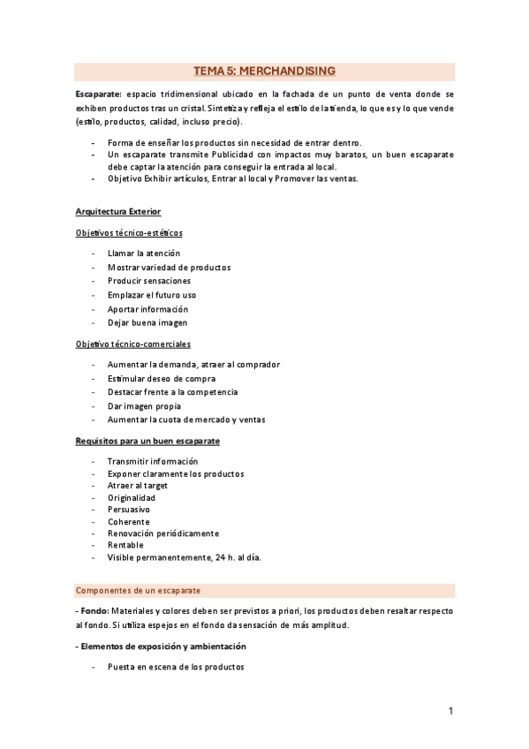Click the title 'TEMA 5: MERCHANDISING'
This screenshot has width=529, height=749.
[x=264, y=72]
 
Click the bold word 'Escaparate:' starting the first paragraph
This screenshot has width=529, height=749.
[x=99, y=93]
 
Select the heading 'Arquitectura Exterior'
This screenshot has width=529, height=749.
[x=117, y=212]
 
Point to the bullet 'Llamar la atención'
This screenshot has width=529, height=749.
[x=144, y=253]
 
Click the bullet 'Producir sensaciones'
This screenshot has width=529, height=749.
[x=148, y=281]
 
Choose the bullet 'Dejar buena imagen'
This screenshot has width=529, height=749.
[x=147, y=322]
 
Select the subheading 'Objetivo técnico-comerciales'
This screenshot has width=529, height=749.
[x=132, y=344]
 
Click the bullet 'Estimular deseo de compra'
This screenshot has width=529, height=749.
[x=161, y=378]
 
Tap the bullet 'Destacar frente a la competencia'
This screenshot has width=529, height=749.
[x=172, y=391]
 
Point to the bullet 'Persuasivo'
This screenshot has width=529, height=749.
[x=129, y=510]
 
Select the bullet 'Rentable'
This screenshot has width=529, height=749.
[x=125, y=545]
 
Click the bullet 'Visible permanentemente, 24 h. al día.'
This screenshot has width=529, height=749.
[x=184, y=557]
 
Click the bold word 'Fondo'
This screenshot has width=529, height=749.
[x=93, y=611]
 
